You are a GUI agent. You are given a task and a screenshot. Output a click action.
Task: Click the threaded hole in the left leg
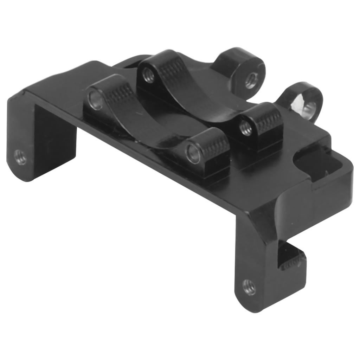pyautogui.click(x=20, y=157)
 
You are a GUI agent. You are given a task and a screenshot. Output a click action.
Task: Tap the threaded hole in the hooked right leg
pyautogui.click(x=249, y=287)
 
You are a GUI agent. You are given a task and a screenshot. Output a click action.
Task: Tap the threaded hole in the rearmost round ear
pyautogui.click(x=251, y=80)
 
